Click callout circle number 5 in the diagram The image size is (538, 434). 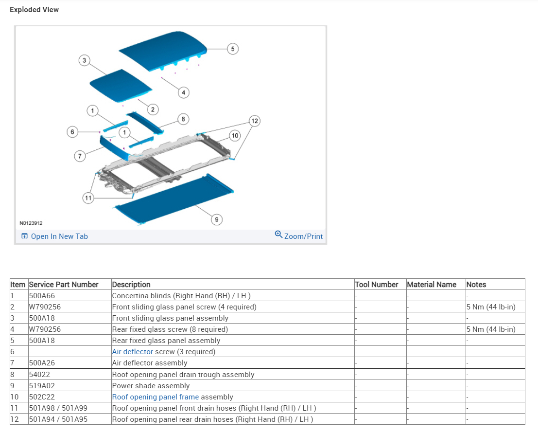233,49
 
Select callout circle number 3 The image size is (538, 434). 84,60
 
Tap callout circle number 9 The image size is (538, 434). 217,220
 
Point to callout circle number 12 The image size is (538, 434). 255,121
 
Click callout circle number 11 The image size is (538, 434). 88,198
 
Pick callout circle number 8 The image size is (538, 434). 183,119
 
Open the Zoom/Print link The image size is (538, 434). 299,236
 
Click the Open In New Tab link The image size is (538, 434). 54,236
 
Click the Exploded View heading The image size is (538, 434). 34,10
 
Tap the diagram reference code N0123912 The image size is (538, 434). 31,223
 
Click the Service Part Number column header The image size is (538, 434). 64,285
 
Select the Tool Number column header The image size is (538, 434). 377,285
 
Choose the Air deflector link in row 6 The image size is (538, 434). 133,352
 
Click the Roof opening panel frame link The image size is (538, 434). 156,397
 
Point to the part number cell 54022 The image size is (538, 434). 39,375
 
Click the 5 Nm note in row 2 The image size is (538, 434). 491,307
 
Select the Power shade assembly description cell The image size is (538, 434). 151,386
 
